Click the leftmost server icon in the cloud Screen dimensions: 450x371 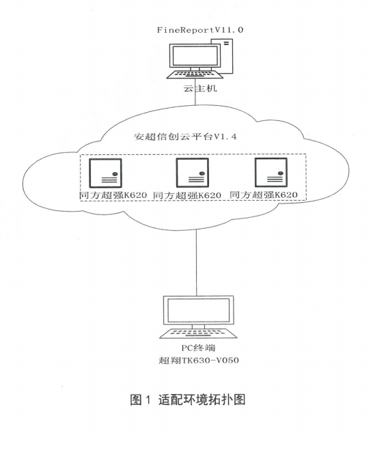108,173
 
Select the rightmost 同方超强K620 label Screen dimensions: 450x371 266,195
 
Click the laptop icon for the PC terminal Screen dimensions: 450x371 196,318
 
